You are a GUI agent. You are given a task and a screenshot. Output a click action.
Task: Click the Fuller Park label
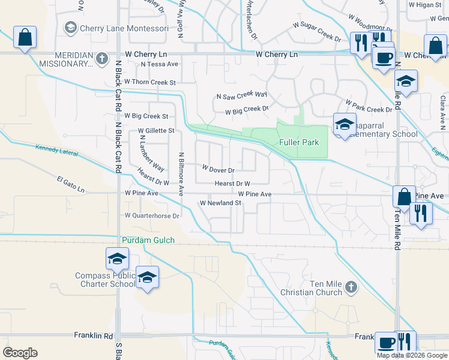pos(299,142)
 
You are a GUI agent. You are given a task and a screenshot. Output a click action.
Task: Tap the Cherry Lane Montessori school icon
pos(71,28)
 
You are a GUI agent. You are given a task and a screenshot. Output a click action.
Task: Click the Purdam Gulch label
pos(148,240)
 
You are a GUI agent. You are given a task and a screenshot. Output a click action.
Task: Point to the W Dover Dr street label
pos(217,170)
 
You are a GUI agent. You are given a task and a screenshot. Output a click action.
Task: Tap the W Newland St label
pos(220,203)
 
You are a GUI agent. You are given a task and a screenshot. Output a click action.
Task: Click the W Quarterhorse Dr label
pos(152,215)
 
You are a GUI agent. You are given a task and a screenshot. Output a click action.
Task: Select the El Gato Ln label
pos(71,184)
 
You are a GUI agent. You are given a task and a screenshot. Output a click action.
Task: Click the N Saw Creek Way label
pos(241,95)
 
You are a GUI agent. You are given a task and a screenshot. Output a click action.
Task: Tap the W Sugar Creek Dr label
pos(317,32)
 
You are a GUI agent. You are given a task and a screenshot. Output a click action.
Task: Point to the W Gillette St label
pos(155,130)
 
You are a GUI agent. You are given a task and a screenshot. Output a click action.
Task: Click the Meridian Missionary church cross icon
pos(102,58)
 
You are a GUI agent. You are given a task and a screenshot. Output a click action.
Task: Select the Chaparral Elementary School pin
pos(345,124)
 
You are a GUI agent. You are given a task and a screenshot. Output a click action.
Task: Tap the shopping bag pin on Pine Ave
pos(404,196)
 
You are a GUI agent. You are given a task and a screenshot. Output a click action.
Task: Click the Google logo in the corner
pos(20,353)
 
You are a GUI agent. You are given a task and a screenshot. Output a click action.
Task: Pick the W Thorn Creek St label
pos(150,82)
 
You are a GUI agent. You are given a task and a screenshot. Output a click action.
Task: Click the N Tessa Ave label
pos(159,64)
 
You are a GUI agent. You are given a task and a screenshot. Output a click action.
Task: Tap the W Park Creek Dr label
pos(368,106)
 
